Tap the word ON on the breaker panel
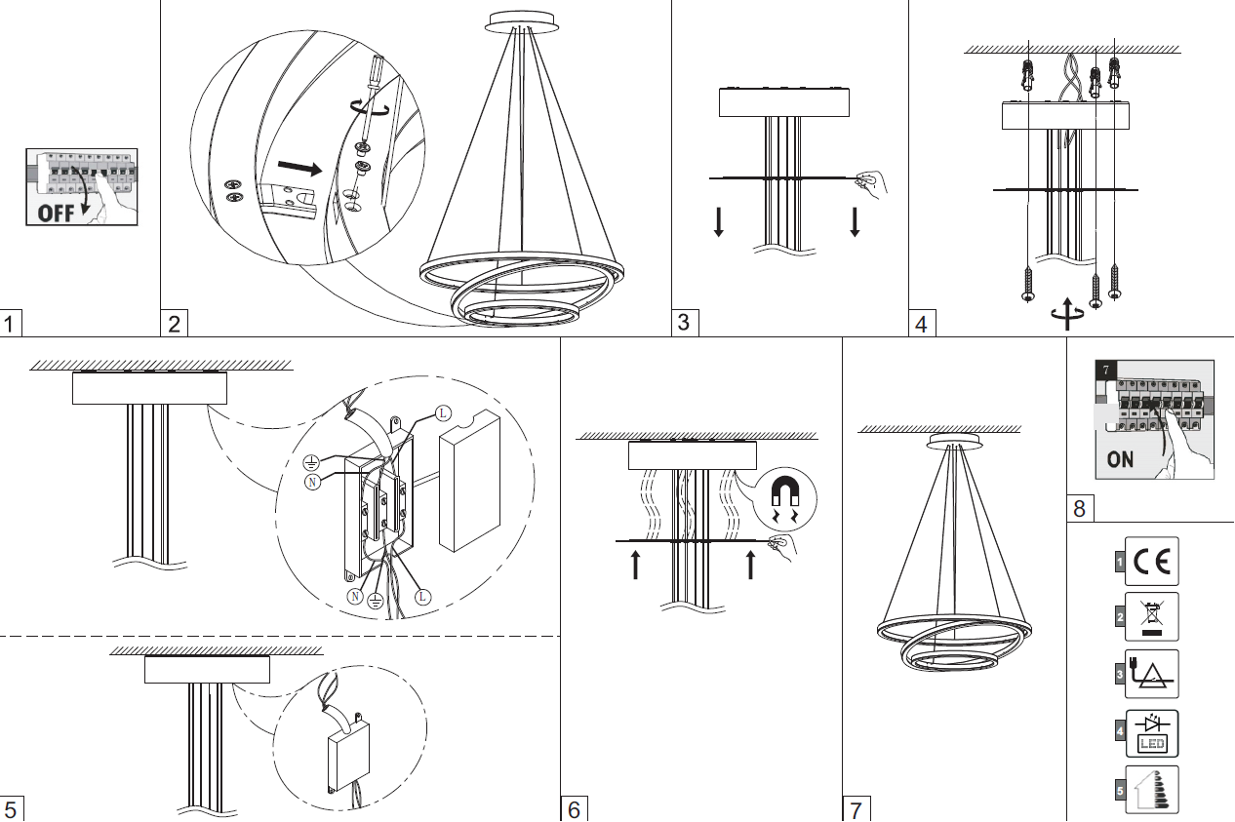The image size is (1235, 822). pyautogui.click(x=1121, y=457)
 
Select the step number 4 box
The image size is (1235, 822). pyautogui.click(x=922, y=323)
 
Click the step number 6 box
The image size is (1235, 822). pyautogui.click(x=574, y=808)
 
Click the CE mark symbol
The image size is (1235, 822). pyautogui.click(x=1151, y=562)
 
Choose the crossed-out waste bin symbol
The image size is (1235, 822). pyautogui.click(x=1151, y=616)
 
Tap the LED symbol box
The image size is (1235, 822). pyautogui.click(x=1151, y=733)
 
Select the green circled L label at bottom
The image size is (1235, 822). pyautogui.click(x=421, y=596)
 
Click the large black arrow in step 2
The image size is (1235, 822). pyautogui.click(x=300, y=168)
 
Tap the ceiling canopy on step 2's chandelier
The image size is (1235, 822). pyautogui.click(x=522, y=20)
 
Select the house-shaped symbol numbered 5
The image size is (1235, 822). pyautogui.click(x=1151, y=790)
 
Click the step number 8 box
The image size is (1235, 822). pyautogui.click(x=1079, y=508)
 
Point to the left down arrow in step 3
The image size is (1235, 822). pyautogui.click(x=719, y=222)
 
